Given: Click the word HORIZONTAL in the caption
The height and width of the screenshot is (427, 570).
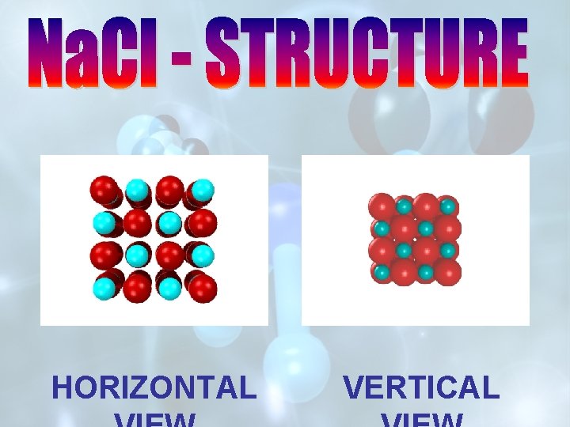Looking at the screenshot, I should click(154, 387).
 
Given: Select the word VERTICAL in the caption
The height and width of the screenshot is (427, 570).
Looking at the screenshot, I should click(421, 387).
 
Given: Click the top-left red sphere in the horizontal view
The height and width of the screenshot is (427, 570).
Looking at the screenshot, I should click(103, 189).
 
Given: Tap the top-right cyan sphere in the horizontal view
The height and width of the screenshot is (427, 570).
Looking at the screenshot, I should click(203, 189).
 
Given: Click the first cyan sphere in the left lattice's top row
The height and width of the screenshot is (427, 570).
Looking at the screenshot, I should click(136, 189).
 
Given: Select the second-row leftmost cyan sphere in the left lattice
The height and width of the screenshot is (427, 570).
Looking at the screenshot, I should click(103, 222).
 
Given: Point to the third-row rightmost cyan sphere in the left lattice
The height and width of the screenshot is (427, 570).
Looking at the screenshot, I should click(203, 255).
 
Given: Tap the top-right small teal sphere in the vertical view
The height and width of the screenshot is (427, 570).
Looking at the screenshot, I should click(448, 207).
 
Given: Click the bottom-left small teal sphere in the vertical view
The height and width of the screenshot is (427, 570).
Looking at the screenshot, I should click(382, 273).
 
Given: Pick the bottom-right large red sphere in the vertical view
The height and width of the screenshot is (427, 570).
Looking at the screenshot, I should click(448, 273).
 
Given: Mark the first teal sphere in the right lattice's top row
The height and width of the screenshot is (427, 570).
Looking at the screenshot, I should click(404, 207).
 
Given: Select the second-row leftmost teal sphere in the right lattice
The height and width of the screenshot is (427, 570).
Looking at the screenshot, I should click(382, 229).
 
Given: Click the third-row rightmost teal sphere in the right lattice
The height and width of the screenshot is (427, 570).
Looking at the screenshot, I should click(448, 251).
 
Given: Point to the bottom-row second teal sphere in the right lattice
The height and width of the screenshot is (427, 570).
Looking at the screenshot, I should click(426, 273).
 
